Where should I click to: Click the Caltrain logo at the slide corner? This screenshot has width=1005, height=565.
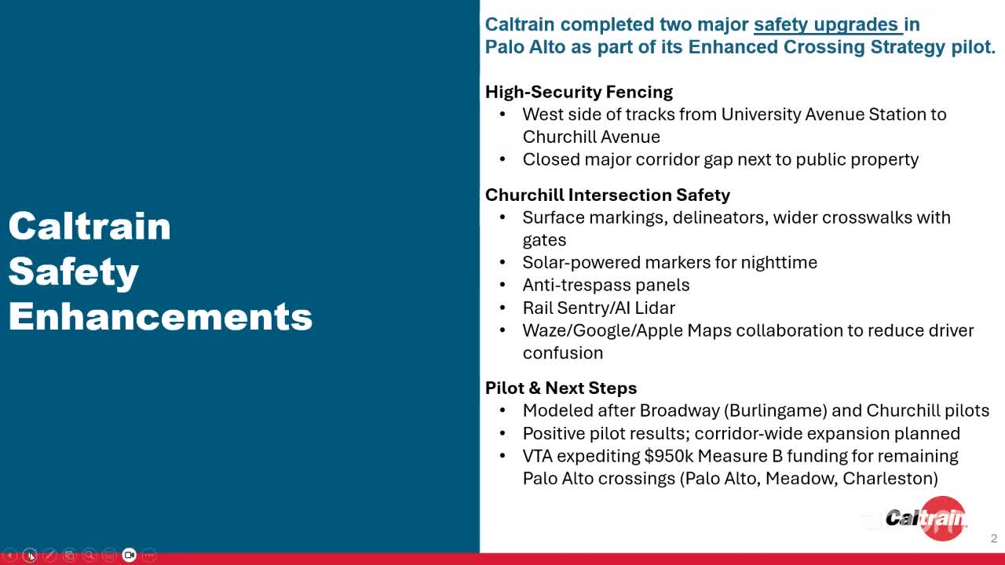[926, 519]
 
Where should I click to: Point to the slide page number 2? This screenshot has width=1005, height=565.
[994, 538]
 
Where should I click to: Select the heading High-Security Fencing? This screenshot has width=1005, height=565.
[579, 92]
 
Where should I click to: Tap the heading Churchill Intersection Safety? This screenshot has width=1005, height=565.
[608, 195]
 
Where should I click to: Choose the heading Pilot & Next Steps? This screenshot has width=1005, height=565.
[561, 388]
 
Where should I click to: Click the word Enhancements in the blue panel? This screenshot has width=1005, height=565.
[160, 316]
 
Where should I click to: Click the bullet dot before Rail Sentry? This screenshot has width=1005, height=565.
[502, 308]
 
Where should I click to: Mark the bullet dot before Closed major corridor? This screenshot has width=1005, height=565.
[502, 159]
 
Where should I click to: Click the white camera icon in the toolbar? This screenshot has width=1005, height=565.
[130, 555]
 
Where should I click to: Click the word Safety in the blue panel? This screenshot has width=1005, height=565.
[74, 272]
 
